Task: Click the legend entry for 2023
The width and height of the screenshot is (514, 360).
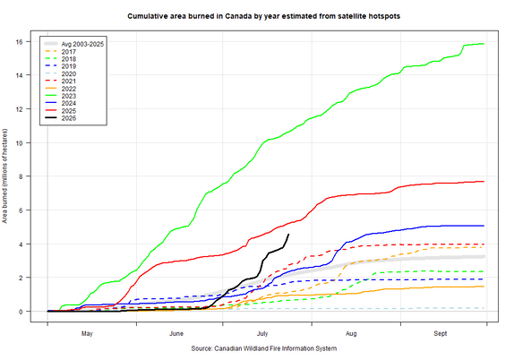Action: [x=60, y=96]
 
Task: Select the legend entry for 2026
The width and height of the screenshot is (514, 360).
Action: [x=60, y=118]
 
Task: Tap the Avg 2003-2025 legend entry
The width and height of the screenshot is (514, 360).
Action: [x=73, y=44]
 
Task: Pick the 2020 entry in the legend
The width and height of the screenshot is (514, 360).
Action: [x=60, y=74]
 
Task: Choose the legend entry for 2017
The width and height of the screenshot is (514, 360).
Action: [x=60, y=52]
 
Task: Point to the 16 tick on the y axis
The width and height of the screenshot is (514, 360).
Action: [x=19, y=41]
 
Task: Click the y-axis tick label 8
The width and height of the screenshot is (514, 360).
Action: [x=21, y=176]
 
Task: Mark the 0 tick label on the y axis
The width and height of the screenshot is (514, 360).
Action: [x=21, y=312]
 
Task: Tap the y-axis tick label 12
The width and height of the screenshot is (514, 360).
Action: [x=19, y=109]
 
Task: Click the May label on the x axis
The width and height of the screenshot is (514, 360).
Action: [x=87, y=334]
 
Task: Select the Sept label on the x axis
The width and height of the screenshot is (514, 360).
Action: [x=441, y=333]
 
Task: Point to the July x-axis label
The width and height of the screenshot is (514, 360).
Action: [x=262, y=334]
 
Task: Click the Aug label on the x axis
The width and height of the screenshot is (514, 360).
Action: [x=351, y=334]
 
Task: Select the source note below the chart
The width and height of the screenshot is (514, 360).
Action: [x=264, y=348]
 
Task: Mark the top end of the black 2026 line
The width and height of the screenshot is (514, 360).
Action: [x=288, y=234]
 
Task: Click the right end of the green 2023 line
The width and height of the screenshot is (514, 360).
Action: [x=484, y=44]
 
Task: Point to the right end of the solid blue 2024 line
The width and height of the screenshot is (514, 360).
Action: [x=484, y=226]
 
